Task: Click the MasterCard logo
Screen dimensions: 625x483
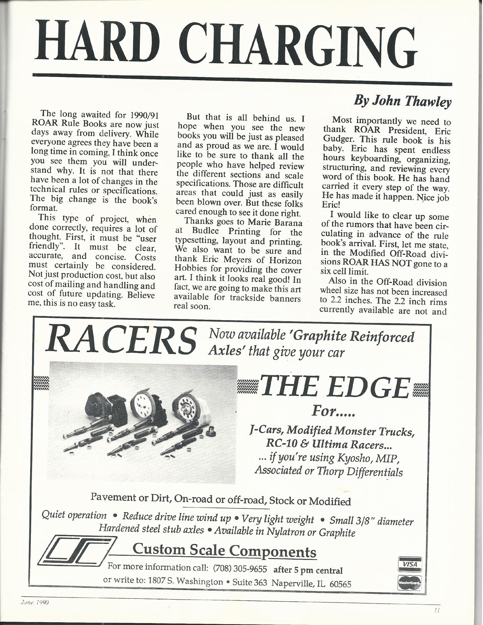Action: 410,581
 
